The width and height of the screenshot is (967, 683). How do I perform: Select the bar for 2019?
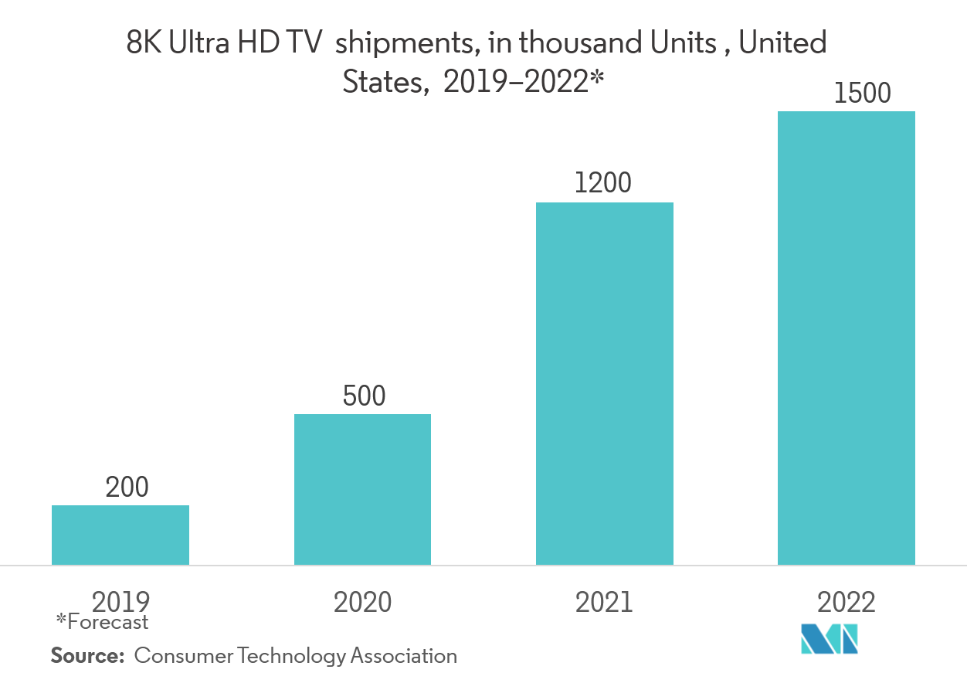pyautogui.click(x=120, y=535)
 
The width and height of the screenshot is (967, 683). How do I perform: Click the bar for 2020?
pyautogui.click(x=362, y=489)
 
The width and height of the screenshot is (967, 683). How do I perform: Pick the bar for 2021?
pyautogui.click(x=605, y=383)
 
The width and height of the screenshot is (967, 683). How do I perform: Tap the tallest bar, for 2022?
pyautogui.click(x=847, y=338)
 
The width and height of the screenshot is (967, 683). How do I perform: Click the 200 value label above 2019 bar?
pyautogui.click(x=127, y=488)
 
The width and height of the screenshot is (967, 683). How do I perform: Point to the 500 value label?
pyautogui.click(x=365, y=396)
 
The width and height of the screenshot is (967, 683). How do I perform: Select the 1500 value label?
pyautogui.click(x=863, y=93)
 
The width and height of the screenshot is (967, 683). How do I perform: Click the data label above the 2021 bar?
pyautogui.click(x=603, y=182)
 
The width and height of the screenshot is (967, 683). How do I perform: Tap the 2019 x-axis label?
pyautogui.click(x=120, y=602)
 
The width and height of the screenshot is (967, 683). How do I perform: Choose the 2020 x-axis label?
pyautogui.click(x=362, y=602)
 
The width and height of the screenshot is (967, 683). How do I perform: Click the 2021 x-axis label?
pyautogui.click(x=604, y=602)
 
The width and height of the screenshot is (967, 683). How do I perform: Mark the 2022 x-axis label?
pyautogui.click(x=847, y=602)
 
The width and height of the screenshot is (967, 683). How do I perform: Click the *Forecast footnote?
pyautogui.click(x=102, y=621)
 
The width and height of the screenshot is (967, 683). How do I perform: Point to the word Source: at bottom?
pyautogui.click(x=87, y=656)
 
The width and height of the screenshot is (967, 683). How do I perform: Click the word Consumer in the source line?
pyautogui.click(x=183, y=656)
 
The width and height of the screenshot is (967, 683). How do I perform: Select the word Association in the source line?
pyautogui.click(x=403, y=656)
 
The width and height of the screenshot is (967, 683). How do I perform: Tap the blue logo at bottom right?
pyautogui.click(x=830, y=639)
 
